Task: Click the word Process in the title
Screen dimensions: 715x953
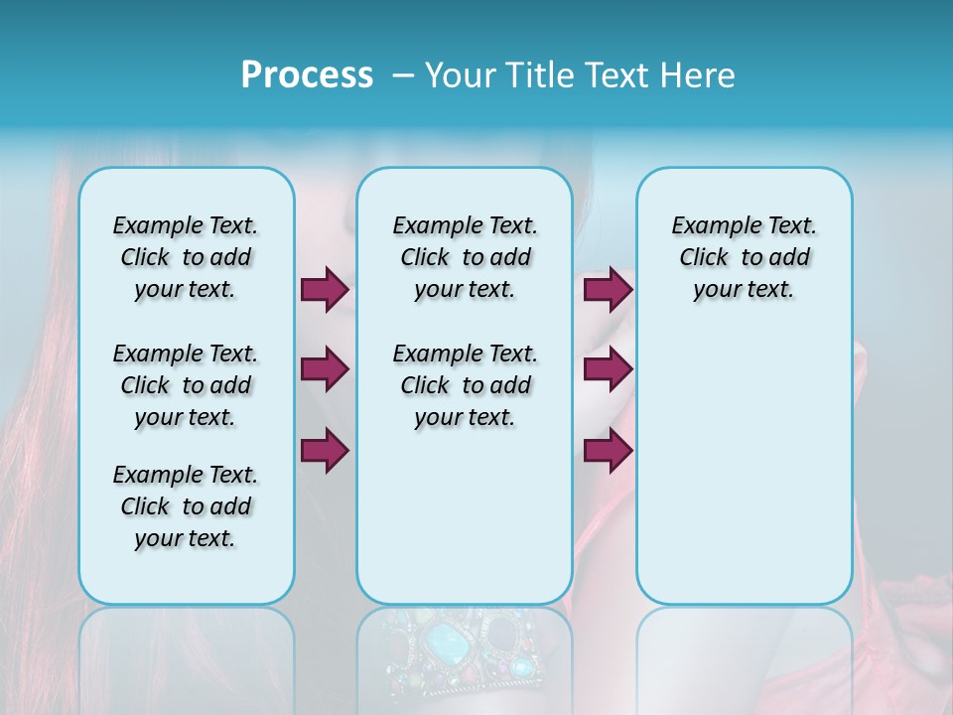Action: tap(307, 74)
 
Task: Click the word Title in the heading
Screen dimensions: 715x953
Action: tap(534, 74)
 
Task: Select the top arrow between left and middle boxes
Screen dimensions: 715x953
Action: tap(325, 289)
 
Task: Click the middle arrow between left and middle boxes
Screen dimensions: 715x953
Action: tap(325, 369)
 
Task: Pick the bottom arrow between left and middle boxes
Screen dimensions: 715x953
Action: tap(325, 449)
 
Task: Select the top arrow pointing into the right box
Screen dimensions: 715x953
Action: tap(608, 289)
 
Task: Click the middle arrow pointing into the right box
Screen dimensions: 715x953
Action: tap(608, 369)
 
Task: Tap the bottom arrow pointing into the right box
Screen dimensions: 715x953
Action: tap(608, 449)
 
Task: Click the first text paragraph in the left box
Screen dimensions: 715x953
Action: tap(186, 257)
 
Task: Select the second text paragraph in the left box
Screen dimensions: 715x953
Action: tap(186, 385)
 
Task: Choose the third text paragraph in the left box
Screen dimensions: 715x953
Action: tap(186, 506)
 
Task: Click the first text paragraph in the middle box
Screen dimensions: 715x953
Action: tap(465, 257)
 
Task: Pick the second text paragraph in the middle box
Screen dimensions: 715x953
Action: tap(465, 385)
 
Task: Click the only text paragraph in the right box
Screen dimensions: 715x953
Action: tap(744, 257)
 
